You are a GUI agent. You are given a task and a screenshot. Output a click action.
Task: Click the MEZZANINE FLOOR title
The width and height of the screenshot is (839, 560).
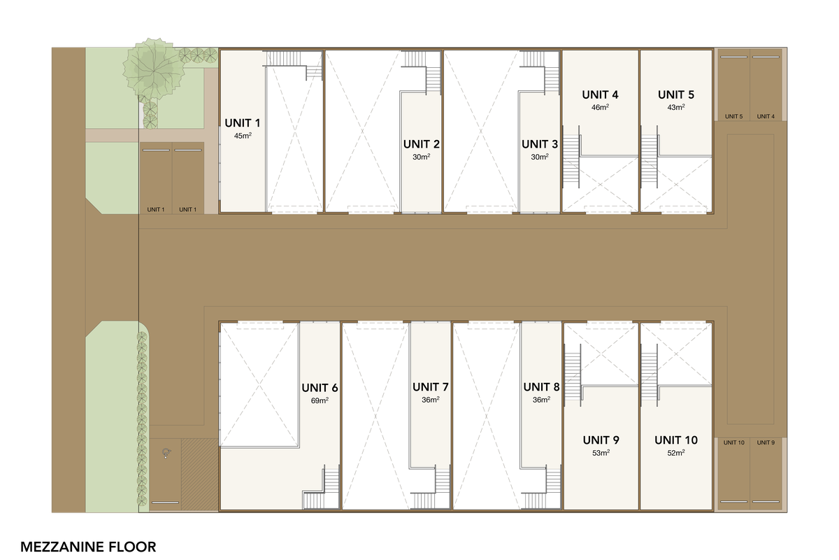coord(88,547)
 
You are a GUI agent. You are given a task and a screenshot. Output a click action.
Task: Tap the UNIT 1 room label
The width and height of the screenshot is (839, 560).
coord(243,123)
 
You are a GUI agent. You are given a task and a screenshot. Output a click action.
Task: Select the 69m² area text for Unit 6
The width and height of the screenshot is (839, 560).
coord(320,400)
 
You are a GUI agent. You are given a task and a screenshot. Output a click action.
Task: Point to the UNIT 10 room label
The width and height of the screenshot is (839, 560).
coord(676,440)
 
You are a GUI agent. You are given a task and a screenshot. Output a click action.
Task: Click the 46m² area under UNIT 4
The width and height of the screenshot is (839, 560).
coord(600,107)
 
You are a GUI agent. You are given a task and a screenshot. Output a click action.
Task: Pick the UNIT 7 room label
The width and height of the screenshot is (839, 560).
coord(431,386)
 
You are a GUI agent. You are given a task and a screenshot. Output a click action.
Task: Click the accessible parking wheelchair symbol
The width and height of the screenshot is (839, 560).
coord(166,454)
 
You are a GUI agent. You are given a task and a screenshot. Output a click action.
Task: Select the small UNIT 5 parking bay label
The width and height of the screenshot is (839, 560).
coord(733,117)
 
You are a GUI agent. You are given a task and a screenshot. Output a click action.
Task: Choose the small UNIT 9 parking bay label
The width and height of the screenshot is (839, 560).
coord(766,442)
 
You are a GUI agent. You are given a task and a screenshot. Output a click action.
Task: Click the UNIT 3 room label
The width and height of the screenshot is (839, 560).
coord(540,144)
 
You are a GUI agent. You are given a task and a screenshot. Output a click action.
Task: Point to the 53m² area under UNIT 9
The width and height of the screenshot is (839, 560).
coord(601,453)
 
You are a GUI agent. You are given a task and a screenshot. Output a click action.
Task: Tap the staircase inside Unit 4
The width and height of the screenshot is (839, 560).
coord(572,157)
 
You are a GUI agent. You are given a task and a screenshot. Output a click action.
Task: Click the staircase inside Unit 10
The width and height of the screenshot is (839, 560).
coord(650,375)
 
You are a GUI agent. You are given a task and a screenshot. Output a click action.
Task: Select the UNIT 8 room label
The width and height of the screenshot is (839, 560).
coord(541,386)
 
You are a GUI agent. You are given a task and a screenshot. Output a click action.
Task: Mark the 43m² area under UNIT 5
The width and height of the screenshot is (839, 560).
coord(676,107)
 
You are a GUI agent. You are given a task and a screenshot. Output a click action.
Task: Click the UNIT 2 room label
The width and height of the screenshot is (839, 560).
coord(422,144)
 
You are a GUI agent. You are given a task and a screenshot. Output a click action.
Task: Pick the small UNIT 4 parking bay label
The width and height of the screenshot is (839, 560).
coord(766,117)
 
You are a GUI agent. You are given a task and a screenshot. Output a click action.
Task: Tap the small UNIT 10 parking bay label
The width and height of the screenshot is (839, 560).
coord(733,442)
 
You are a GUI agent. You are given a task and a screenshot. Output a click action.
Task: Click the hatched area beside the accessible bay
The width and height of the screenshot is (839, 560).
coord(200,475)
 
